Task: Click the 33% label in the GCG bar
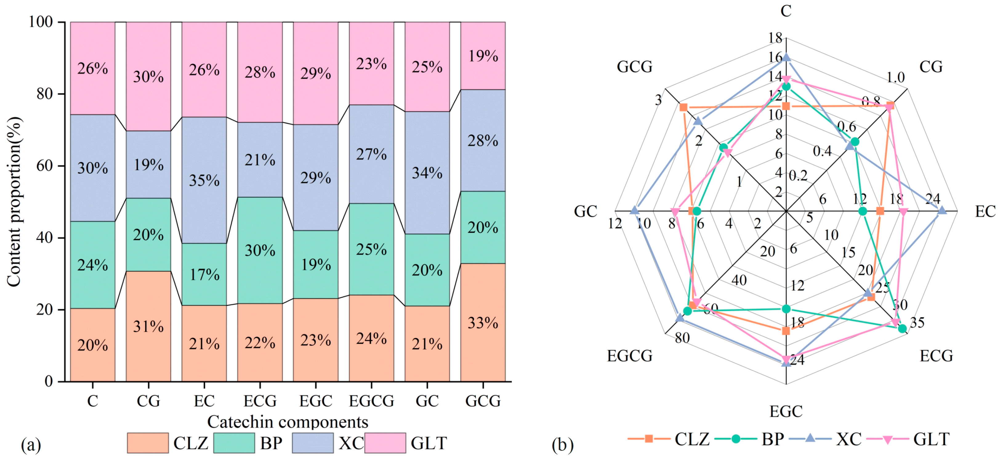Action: pos(482,323)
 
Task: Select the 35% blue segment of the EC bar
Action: pos(204,180)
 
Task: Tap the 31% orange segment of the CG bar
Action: pos(148,326)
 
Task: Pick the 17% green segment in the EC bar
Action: pos(204,274)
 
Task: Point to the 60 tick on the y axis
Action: pos(45,166)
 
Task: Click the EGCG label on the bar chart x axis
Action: pos(371,401)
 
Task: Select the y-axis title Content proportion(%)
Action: pos(14,202)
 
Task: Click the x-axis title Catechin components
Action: pos(287,422)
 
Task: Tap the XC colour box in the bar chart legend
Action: pos(312,443)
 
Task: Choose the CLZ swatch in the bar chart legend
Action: pos(148,443)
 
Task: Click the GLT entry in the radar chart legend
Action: pos(930,439)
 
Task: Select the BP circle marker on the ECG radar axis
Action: pos(902,329)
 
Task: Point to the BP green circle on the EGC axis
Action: pos(786,309)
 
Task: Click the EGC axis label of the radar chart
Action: pos(786,411)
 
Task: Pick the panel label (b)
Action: pos(562,445)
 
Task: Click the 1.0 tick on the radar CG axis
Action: pos(896,78)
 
